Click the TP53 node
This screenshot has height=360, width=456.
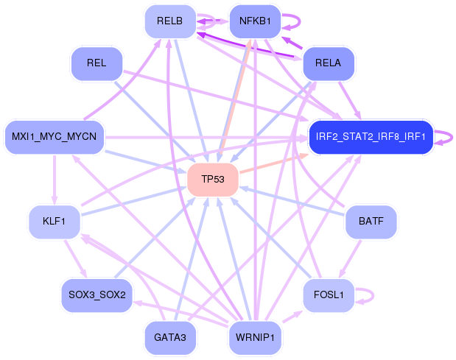pyautogui.click(x=213, y=180)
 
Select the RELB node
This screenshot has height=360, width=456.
pyautogui.click(x=170, y=21)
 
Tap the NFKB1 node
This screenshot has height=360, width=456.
pyautogui.click(x=255, y=21)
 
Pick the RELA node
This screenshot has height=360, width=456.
pyautogui.click(x=329, y=63)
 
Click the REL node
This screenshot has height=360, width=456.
pyautogui.click(x=97, y=63)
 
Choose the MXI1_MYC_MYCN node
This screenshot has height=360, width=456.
pyautogui.click(x=55, y=137)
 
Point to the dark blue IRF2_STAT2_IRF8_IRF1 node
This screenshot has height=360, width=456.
pyautogui.click(x=371, y=137)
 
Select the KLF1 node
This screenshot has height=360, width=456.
pyautogui.click(x=55, y=222)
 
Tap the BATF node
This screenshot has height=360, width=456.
pyautogui.click(x=371, y=222)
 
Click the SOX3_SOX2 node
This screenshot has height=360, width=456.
pyautogui.click(x=97, y=295)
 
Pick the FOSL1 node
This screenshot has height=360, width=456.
pyautogui.click(x=329, y=295)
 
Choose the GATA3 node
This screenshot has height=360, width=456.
pyautogui.click(x=170, y=338)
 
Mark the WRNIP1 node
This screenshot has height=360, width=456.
pyautogui.click(x=255, y=338)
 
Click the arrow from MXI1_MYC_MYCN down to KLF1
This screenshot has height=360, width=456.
pyautogui.click(x=55, y=180)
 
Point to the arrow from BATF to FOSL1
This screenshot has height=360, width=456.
pyautogui.click(x=350, y=258)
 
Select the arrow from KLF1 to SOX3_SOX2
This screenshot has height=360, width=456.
pyautogui.click(x=76, y=258)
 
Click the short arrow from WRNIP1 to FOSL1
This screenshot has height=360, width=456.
pyautogui.click(x=292, y=317)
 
